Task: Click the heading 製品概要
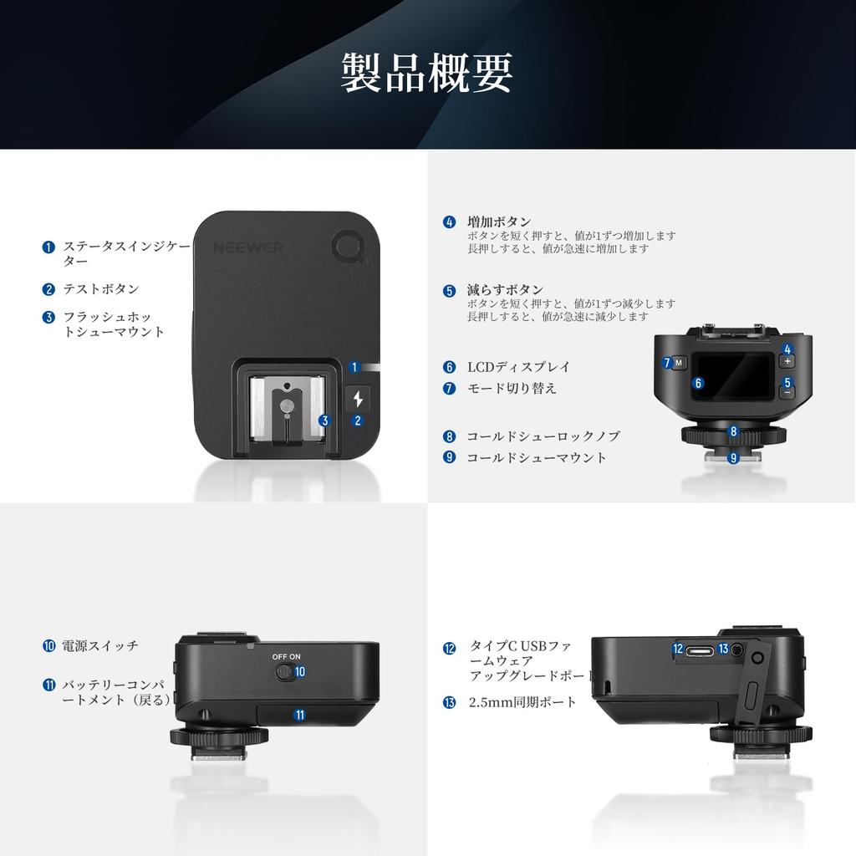tap(427, 74)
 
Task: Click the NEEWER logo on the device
tap(249, 247)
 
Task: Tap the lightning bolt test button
tap(359, 399)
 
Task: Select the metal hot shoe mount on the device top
tap(287, 410)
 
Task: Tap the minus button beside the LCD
tap(787, 390)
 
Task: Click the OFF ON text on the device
tap(286, 657)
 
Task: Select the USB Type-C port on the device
tap(701, 649)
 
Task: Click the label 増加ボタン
tap(499, 222)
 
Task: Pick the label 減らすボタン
tap(505, 290)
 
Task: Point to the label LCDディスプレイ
tap(518, 366)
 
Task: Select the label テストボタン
tap(102, 289)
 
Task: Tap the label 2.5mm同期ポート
tap(522, 702)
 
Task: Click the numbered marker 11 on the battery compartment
tap(299, 714)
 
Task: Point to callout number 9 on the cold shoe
tap(733, 457)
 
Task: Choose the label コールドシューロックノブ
tap(543, 436)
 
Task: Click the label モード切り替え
tap(511, 388)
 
